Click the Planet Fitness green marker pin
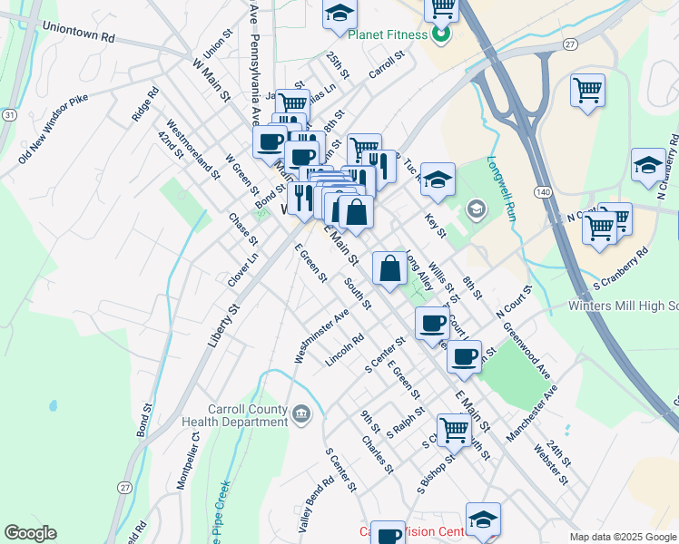pos(441,36)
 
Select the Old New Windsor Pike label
pos(56,142)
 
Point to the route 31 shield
pos(8,115)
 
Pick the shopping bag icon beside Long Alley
pos(389,268)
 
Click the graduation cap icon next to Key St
pos(438,178)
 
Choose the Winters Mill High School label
pos(623,306)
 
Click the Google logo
pos(30,533)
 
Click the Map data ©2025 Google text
pos(623,537)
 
